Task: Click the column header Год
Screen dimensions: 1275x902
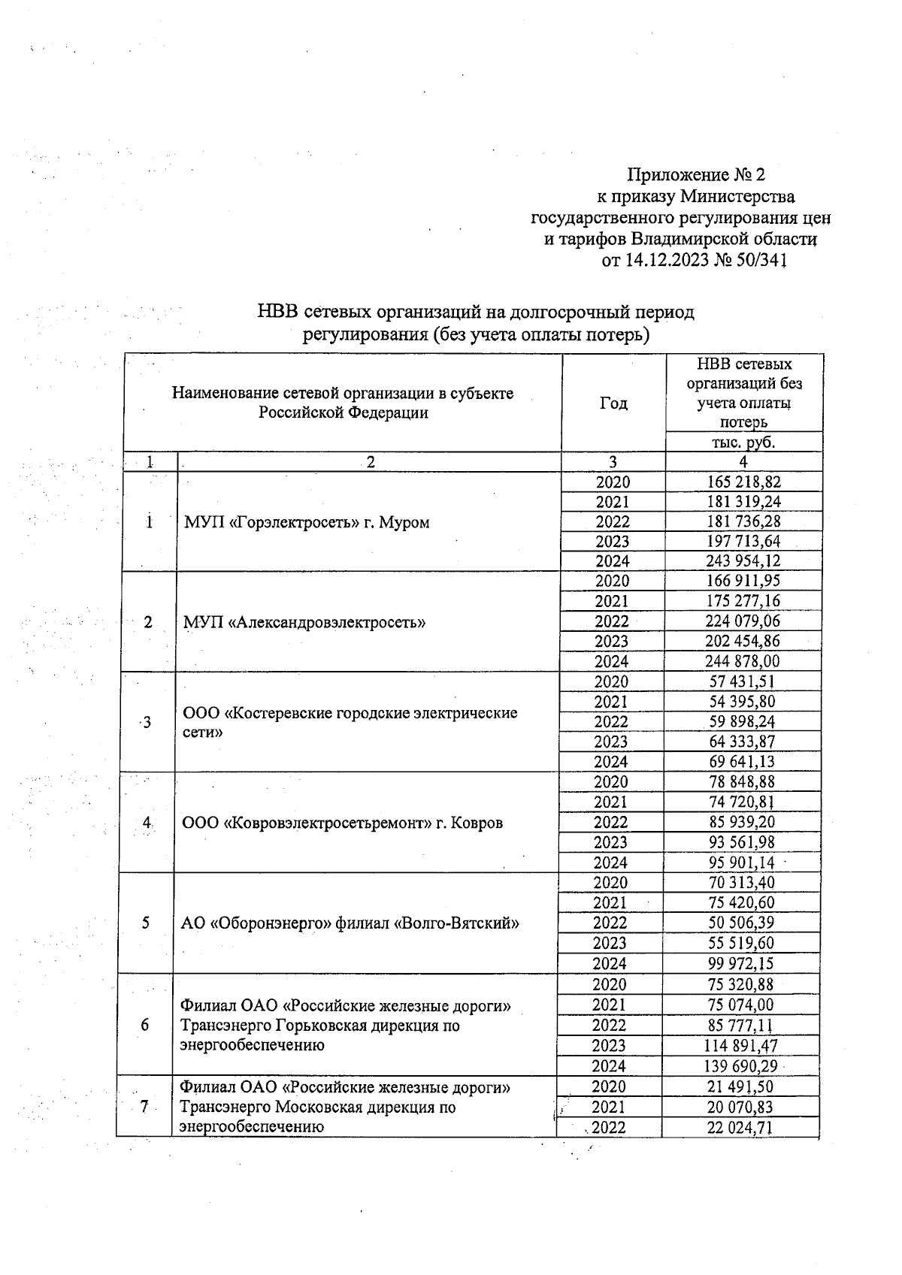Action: click(613, 403)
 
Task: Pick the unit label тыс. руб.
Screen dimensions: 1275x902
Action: click(743, 443)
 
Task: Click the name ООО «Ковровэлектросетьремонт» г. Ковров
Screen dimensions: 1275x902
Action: click(343, 823)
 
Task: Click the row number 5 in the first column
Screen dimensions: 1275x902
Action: click(145, 923)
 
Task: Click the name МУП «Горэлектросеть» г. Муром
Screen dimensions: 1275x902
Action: click(307, 523)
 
